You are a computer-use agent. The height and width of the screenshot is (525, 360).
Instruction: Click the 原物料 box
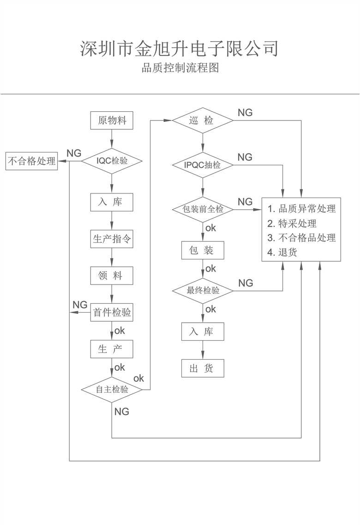112,121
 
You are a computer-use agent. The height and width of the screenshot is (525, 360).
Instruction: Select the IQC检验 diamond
112,161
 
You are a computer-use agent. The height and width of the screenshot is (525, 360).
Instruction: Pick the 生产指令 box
112,239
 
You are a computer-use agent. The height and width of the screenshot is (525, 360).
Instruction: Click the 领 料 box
112,276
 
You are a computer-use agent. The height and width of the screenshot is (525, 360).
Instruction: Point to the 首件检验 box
112,313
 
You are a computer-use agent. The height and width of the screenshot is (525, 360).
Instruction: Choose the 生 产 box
112,349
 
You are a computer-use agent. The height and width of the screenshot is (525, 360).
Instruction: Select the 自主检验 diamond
112,389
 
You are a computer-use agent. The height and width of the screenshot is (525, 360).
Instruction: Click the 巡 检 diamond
203,121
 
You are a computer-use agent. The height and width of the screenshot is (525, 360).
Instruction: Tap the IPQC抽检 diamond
203,165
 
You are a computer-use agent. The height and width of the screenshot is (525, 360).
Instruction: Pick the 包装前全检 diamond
203,209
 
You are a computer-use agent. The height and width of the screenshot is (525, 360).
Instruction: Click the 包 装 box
203,250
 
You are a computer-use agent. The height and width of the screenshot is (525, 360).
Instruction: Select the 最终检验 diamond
203,291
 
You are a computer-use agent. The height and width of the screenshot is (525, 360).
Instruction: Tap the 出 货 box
203,368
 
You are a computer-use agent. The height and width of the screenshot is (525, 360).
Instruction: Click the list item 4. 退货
282,253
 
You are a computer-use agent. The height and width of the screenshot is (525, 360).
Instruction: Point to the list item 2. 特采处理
292,223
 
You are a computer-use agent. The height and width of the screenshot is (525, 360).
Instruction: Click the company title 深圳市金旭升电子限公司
180,48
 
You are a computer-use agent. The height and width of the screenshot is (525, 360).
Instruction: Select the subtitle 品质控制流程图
180,68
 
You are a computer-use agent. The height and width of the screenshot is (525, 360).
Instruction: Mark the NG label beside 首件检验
80,305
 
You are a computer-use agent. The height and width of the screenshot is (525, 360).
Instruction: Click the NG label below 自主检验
121,411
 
